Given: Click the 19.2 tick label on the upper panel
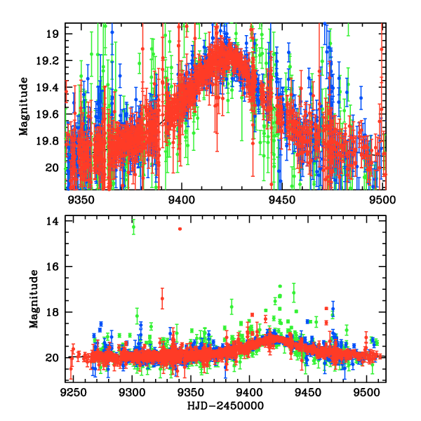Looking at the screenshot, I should [x=53, y=61].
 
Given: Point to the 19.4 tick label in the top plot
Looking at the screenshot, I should [x=53, y=88].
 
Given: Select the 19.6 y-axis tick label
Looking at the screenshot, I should [x=53, y=114].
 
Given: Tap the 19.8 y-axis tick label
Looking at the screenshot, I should [x=53, y=141].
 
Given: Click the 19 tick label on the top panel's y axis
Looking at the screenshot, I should [x=57, y=34].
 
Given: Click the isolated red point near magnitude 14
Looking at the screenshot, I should [x=180, y=229].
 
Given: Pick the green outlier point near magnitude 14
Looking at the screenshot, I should [x=133, y=226].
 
